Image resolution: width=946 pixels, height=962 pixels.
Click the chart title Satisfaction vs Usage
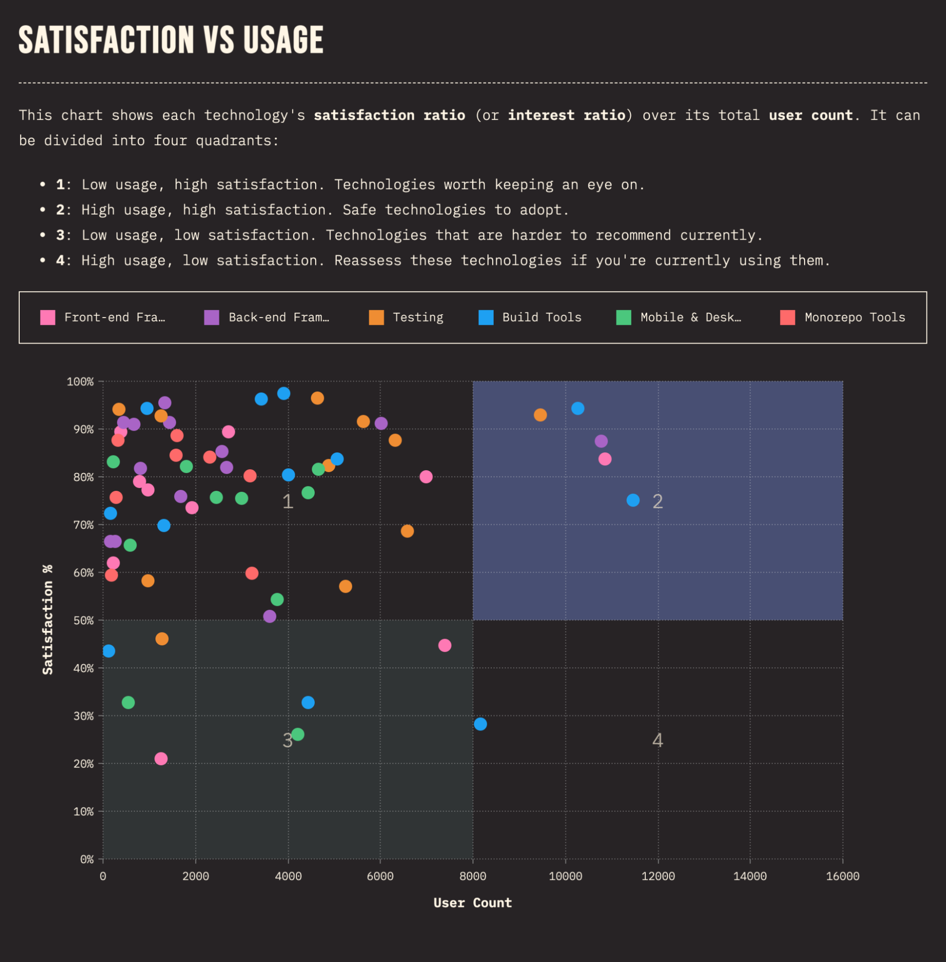coord(171,40)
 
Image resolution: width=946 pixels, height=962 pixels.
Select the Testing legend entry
coord(406,317)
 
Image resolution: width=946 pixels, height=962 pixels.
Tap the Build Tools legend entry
coord(530,317)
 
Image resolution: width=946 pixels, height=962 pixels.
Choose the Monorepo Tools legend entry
coord(843,317)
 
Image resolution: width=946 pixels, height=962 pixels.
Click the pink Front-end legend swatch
coord(48,317)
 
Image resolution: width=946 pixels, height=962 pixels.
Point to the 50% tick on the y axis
coord(83,620)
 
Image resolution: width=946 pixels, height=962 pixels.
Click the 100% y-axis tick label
coord(80,382)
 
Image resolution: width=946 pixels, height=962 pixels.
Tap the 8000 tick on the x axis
coord(473,876)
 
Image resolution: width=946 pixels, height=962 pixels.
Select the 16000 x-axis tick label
coord(842,876)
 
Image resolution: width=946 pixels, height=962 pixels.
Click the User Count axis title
coord(473,902)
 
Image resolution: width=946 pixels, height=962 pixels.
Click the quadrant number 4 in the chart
coord(657,740)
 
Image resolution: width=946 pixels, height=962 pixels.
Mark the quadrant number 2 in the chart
coord(657,501)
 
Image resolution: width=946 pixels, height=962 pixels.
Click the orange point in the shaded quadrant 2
coord(540,415)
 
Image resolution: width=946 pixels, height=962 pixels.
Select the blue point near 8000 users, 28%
coord(480,724)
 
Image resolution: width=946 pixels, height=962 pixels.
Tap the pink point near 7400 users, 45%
coord(445,645)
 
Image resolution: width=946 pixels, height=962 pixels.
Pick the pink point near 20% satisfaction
coord(161,759)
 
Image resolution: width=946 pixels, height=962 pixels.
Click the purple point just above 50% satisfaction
coord(269,616)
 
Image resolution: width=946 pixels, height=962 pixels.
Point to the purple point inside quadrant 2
coord(601,441)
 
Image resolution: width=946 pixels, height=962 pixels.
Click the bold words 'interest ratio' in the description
coord(566,115)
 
